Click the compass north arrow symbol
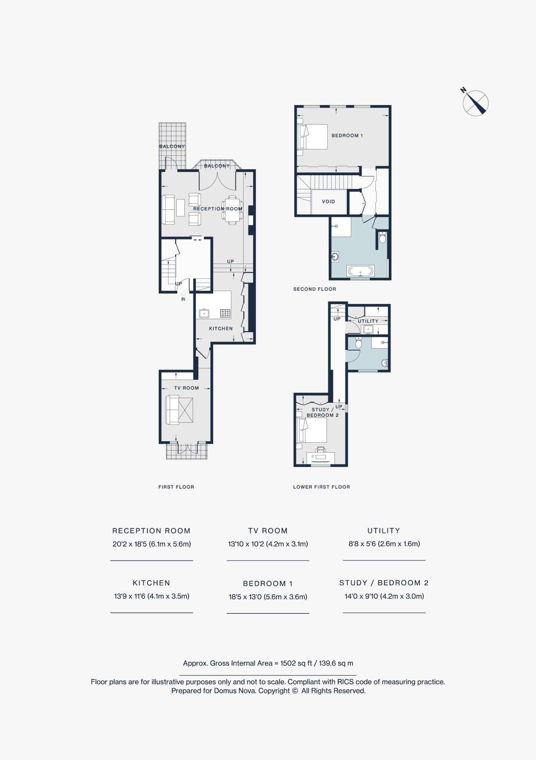coord(475,103)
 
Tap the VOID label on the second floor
coord(328,202)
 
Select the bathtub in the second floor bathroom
coord(361,271)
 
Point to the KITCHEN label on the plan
coord(221,328)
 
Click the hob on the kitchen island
coord(225,313)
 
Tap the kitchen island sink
coord(204,314)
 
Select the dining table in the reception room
coord(232,210)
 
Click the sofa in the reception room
coord(168,210)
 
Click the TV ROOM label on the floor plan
coord(186,388)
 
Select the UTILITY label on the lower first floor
coord(368,321)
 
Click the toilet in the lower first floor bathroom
coord(358,343)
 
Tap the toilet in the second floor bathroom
coord(382,237)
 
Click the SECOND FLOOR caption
coord(315,289)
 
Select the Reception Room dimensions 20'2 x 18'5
coord(151,544)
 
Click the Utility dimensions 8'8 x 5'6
coord(384,544)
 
